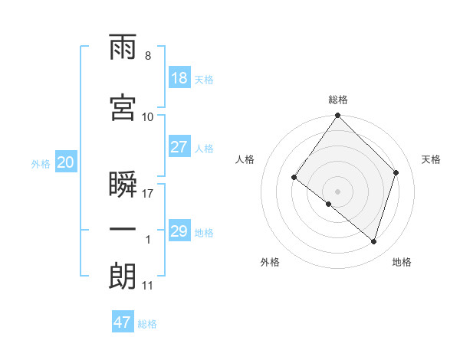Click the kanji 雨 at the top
click(123, 47)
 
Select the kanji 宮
click(123, 107)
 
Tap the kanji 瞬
click(123, 184)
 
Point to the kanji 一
click(123, 229)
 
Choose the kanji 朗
click(123, 276)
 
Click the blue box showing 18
click(180, 77)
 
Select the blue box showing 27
click(180, 146)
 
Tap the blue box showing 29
click(180, 230)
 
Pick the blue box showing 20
click(66, 162)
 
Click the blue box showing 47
click(123, 321)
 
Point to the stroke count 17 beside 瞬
click(147, 194)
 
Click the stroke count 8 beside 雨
click(148, 56)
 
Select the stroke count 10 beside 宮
click(147, 117)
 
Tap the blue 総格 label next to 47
click(147, 324)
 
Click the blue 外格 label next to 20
click(41, 164)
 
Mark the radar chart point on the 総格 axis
click(337, 115)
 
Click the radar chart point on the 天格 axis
click(396, 172)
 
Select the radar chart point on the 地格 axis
click(373, 241)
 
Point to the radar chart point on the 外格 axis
click(329, 204)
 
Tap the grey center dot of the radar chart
click(337, 191)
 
